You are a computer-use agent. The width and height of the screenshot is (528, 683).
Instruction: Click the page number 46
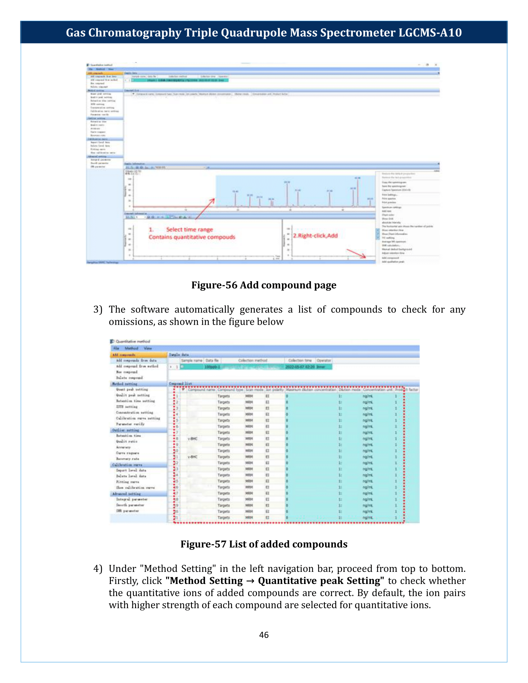(264, 635)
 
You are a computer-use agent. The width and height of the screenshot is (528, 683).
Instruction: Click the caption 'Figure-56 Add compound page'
(264, 285)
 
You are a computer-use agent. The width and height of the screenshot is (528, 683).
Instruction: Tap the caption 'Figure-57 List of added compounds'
(264, 544)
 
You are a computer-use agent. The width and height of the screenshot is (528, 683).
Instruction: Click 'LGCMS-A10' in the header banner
(430, 33)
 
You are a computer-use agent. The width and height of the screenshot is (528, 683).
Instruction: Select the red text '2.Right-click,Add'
(315, 236)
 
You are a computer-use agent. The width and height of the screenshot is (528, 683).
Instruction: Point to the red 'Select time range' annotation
(189, 229)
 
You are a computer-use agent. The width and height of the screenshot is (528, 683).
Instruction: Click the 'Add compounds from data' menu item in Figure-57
(136, 360)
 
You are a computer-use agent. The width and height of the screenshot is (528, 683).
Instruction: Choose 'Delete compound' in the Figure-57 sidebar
(130, 378)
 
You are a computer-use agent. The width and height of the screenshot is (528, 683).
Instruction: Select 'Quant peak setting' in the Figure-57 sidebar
(132, 389)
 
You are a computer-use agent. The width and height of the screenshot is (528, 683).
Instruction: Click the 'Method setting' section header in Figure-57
(125, 384)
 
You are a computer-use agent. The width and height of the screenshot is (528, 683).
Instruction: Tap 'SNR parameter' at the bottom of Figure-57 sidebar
(128, 511)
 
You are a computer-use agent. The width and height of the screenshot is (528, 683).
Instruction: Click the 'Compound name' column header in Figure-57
(202, 390)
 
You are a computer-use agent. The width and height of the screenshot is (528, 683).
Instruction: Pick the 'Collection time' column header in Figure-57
(300, 360)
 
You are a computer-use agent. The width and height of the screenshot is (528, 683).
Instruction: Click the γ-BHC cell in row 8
(193, 439)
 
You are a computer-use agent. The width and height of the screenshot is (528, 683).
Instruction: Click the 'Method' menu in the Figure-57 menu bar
(131, 348)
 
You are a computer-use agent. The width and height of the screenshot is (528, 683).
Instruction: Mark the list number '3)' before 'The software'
(98, 309)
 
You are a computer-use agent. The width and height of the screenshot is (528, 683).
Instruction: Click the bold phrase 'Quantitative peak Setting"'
(321, 581)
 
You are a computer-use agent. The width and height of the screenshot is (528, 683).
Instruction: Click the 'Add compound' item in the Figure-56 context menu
(390, 258)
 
